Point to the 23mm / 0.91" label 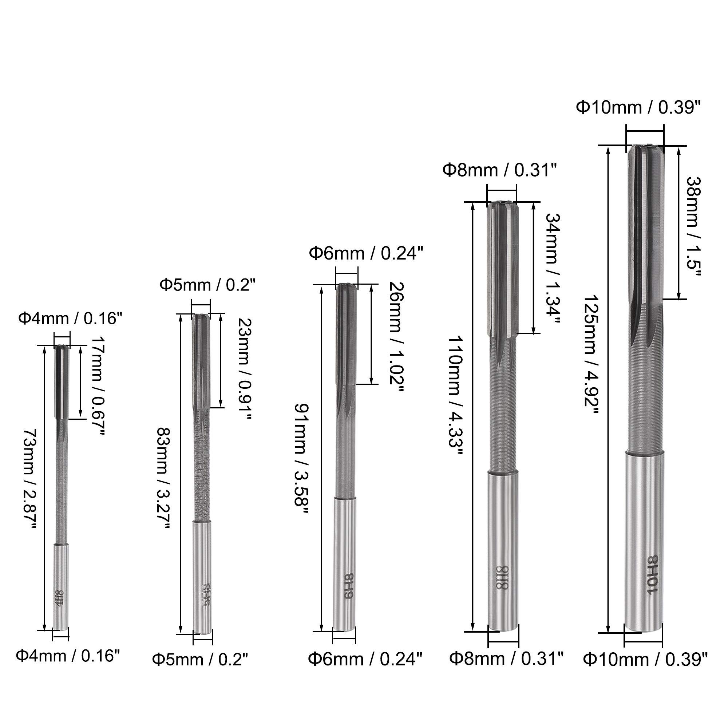[x=244, y=368]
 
